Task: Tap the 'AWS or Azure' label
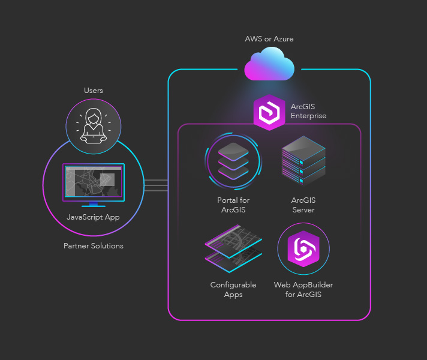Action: [x=269, y=39]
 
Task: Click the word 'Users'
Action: [x=94, y=91]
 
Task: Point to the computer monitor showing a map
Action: [x=94, y=182]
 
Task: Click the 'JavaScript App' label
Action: [x=94, y=217]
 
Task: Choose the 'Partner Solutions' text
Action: [x=94, y=246]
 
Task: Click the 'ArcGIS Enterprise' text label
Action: [x=308, y=111]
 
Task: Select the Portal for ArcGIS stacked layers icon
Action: [x=233, y=161]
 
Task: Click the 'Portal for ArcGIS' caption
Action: [x=233, y=205]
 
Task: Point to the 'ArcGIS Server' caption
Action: [x=303, y=205]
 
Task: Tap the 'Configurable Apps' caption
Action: [x=233, y=290]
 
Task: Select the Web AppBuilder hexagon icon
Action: [x=303, y=249]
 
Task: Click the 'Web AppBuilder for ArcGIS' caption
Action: [x=303, y=290]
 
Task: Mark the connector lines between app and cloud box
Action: [x=157, y=185]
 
